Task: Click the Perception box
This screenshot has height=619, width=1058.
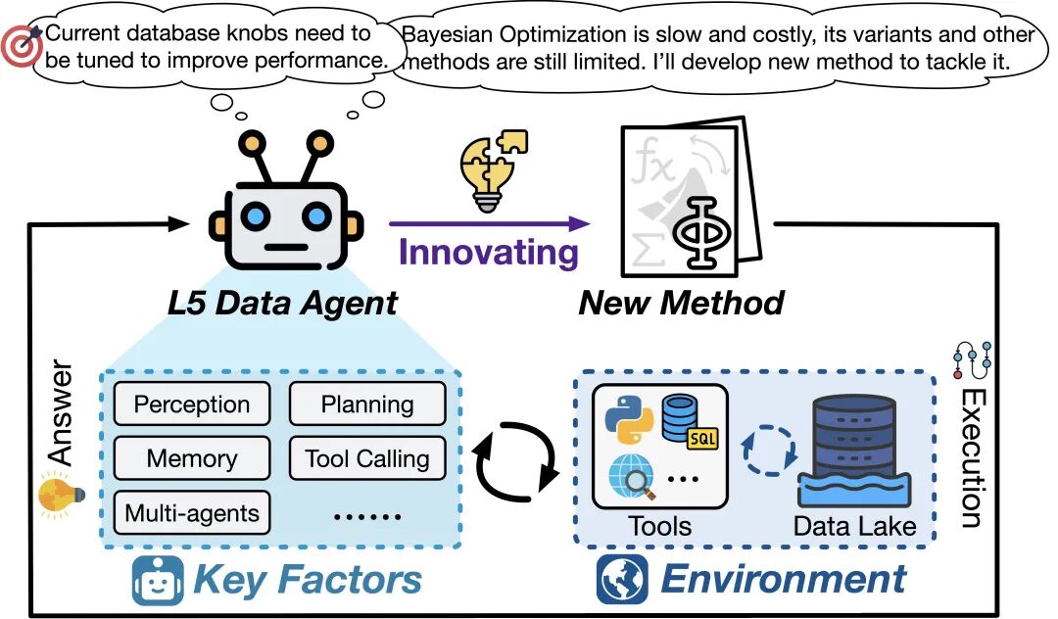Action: (x=191, y=404)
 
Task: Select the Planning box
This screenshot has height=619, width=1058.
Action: (x=367, y=404)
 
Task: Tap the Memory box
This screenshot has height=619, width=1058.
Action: (x=191, y=457)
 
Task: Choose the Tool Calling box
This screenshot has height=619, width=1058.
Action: (x=367, y=457)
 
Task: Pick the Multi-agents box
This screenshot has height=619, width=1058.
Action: (x=191, y=511)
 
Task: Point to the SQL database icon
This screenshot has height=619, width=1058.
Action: (x=686, y=419)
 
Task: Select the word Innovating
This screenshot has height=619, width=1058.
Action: (x=488, y=252)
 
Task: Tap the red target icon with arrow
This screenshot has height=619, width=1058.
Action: (x=22, y=45)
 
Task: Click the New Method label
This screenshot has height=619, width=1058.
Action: (x=681, y=302)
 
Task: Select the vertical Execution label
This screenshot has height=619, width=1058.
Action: (x=973, y=456)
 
